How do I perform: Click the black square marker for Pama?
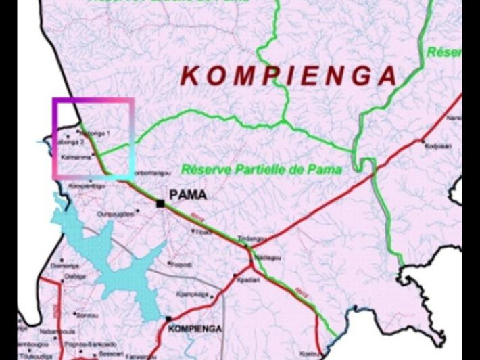pyautogui.click(x=161, y=203)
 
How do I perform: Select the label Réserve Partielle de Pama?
pyautogui.click(x=261, y=168)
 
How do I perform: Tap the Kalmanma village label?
pyautogui.click(x=74, y=157)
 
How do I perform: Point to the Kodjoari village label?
pyautogui.click(x=436, y=144)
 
